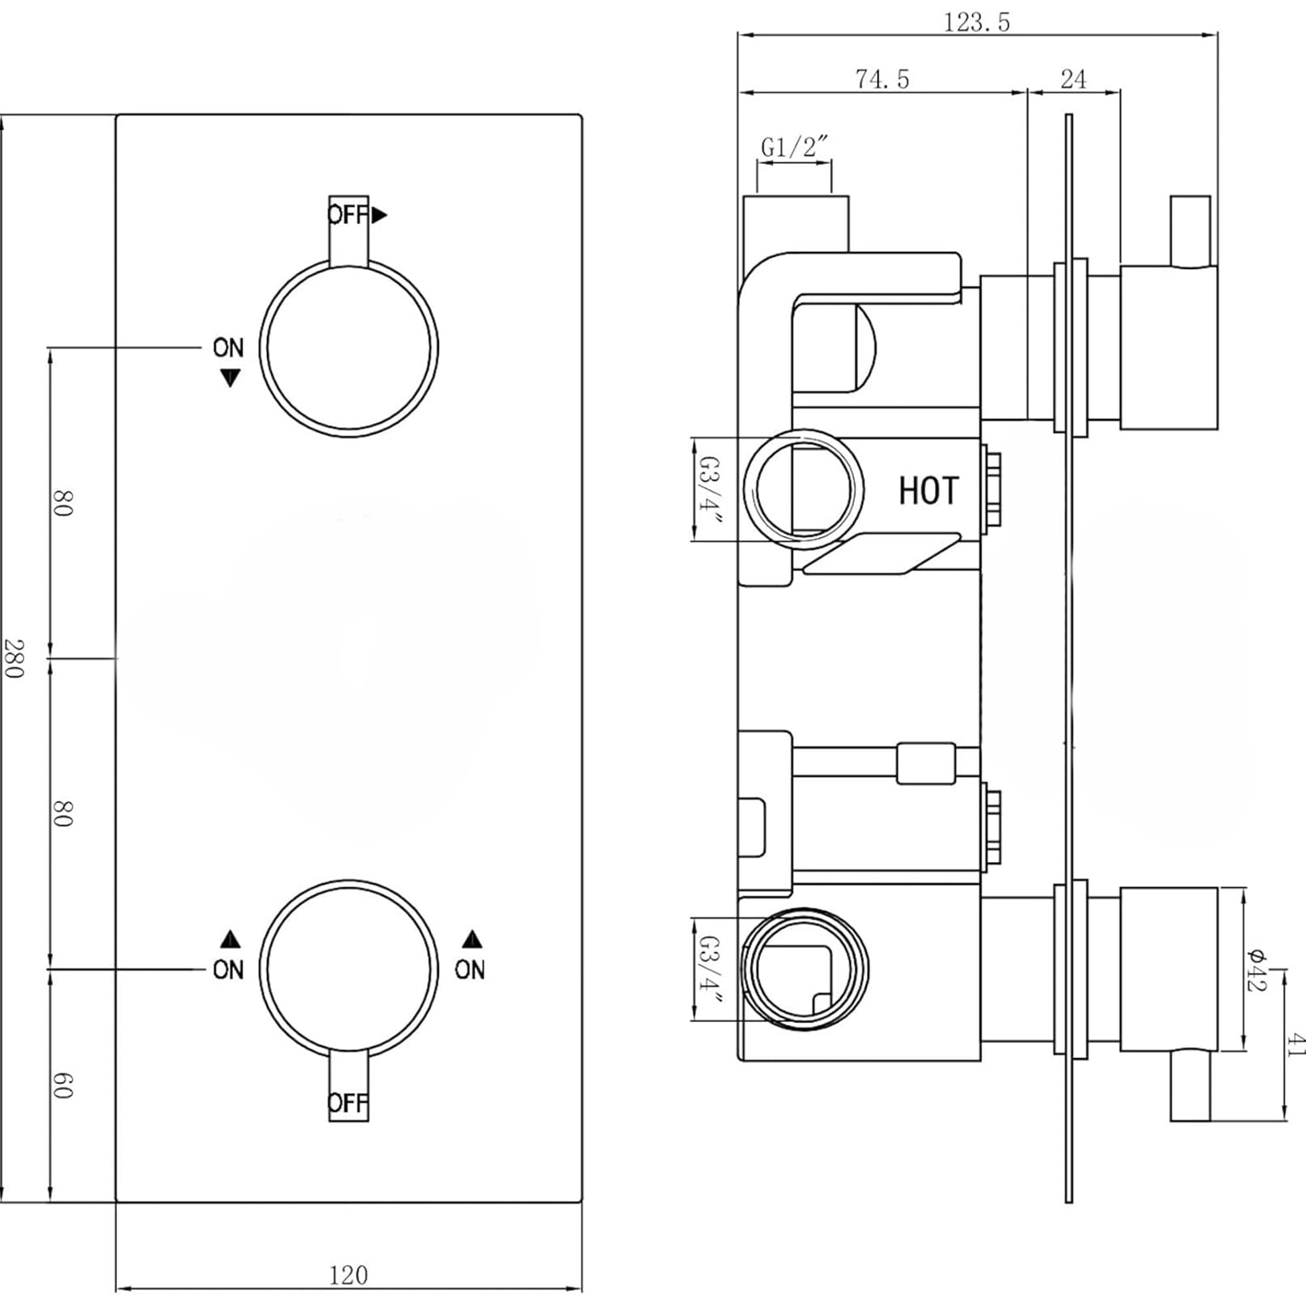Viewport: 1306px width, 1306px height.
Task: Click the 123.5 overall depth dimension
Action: click(976, 22)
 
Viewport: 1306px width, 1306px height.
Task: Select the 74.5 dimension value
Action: click(882, 79)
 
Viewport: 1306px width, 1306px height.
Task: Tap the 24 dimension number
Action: click(1073, 79)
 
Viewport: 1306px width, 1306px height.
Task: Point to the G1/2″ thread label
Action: click(793, 147)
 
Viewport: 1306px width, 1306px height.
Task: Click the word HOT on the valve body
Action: click(928, 491)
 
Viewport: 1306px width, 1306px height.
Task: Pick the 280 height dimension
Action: click(14, 658)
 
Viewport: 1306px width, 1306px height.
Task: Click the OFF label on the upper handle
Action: click(347, 215)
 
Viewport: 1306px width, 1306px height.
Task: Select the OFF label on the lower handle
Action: click(347, 1103)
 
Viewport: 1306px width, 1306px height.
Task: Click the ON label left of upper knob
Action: click(228, 348)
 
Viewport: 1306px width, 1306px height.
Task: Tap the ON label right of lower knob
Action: click(469, 970)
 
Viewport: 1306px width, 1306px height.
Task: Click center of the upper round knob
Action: click(348, 347)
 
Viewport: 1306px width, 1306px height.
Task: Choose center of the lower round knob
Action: click(348, 968)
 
